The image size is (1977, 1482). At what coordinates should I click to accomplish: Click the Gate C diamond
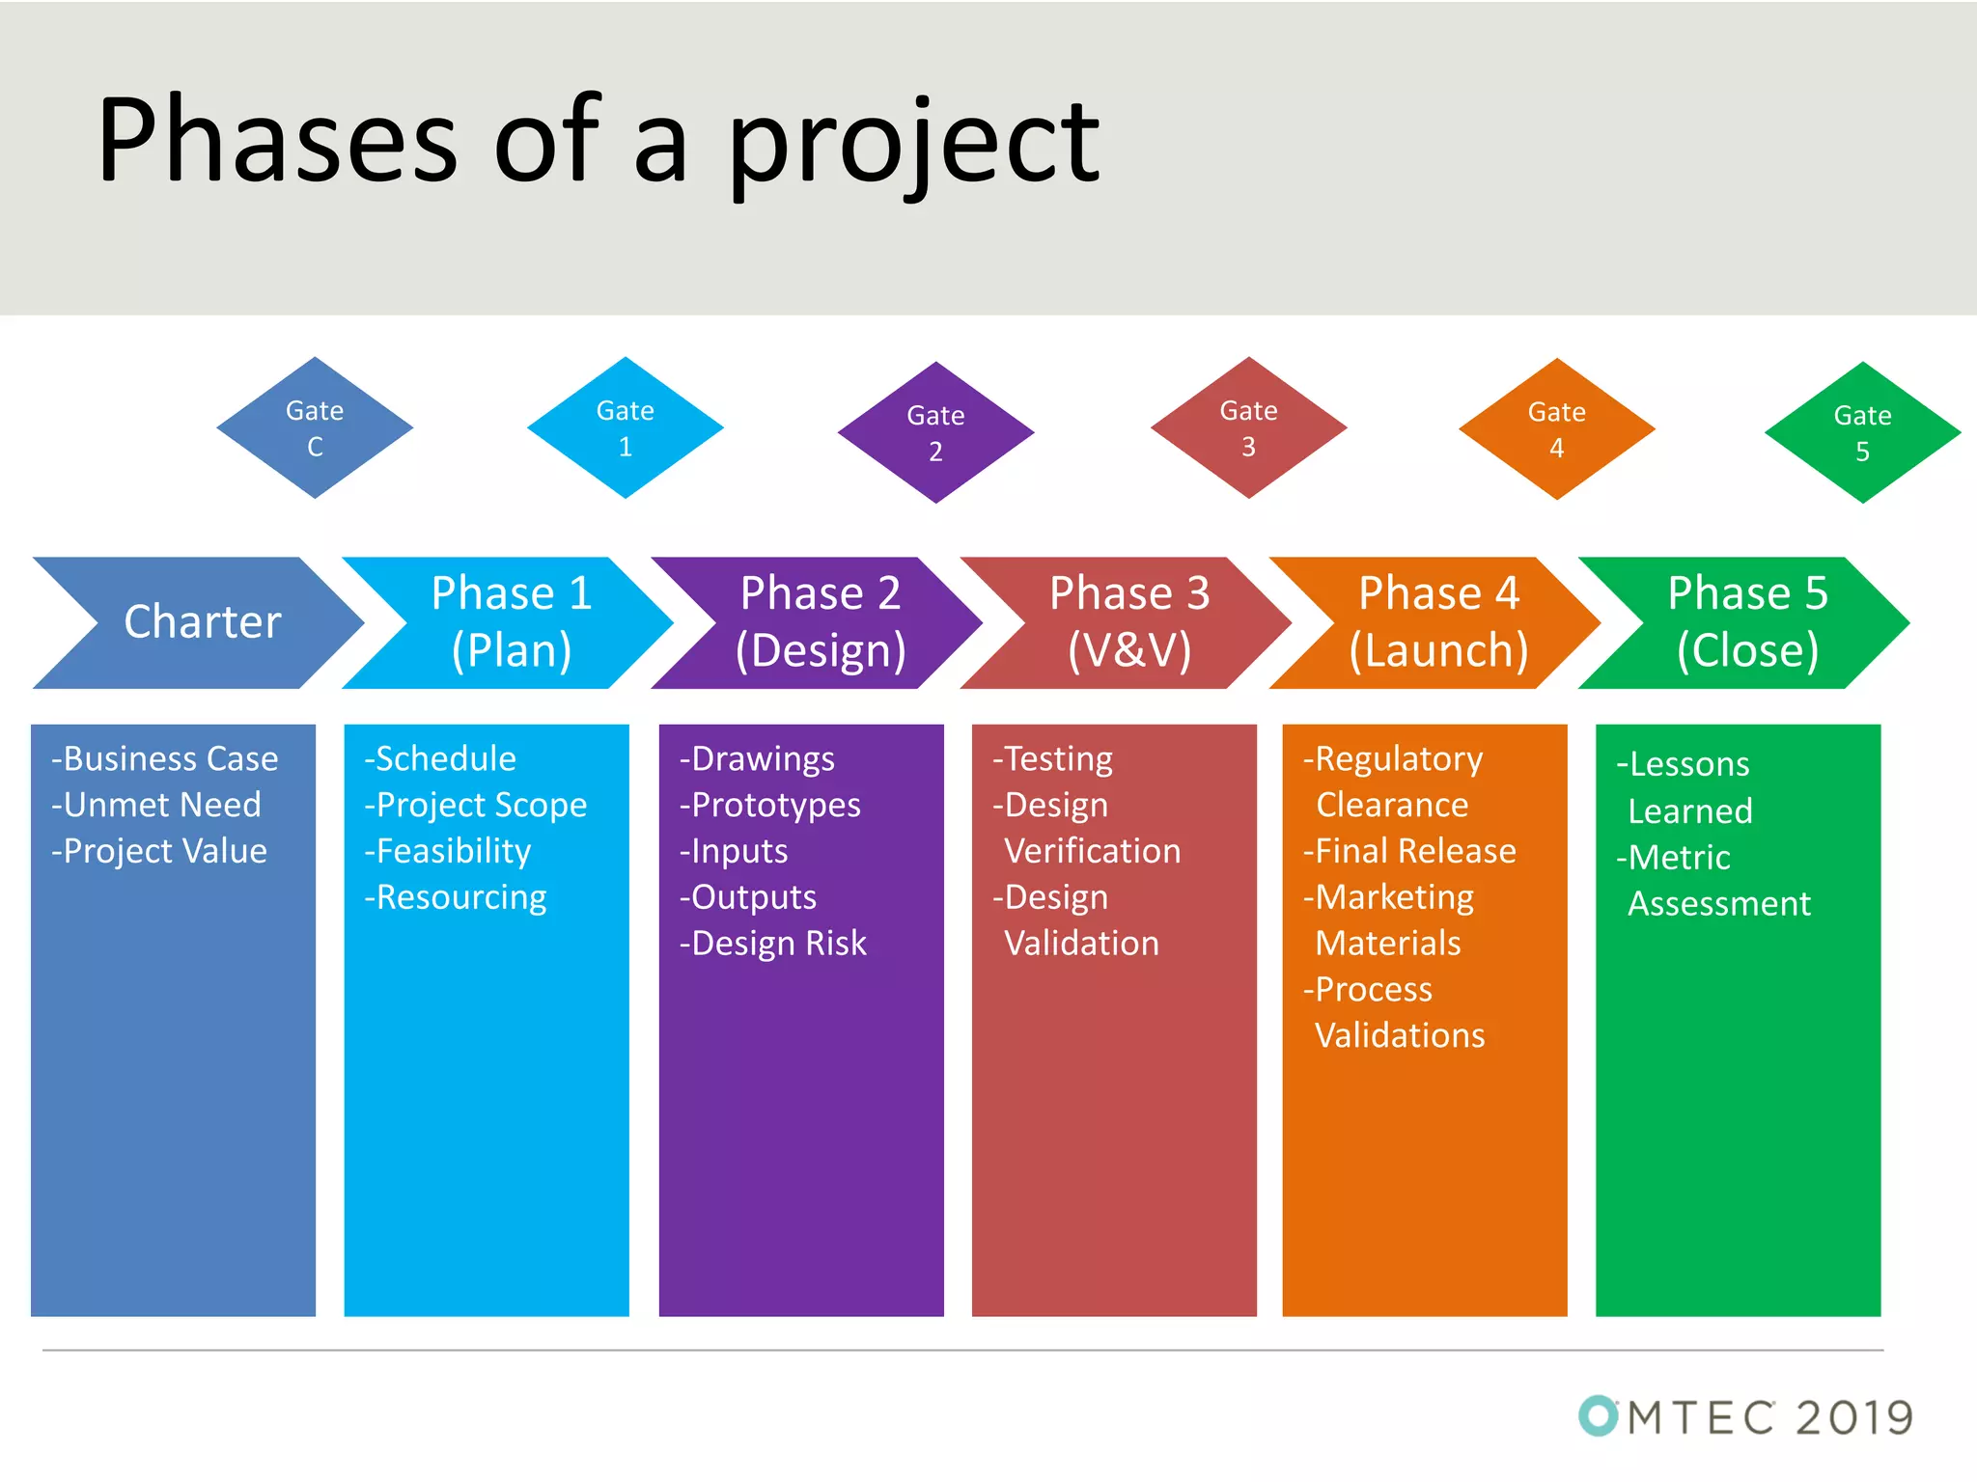(x=315, y=428)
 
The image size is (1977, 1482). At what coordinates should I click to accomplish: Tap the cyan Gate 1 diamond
(x=626, y=428)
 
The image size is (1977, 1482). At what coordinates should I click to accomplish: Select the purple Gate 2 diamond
(x=935, y=432)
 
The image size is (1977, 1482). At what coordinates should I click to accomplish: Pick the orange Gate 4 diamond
(x=1556, y=429)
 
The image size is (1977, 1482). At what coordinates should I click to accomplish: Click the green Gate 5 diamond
(x=1862, y=432)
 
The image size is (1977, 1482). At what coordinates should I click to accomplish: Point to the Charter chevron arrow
(x=202, y=621)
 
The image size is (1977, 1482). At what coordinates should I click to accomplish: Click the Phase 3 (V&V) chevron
(x=1128, y=621)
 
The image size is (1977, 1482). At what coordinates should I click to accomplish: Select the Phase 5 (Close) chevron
(x=1746, y=621)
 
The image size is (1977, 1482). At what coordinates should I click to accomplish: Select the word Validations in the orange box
(x=1400, y=1035)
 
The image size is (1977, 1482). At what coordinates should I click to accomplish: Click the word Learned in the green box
(x=1689, y=811)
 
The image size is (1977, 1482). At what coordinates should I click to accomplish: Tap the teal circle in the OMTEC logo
(x=1598, y=1416)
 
